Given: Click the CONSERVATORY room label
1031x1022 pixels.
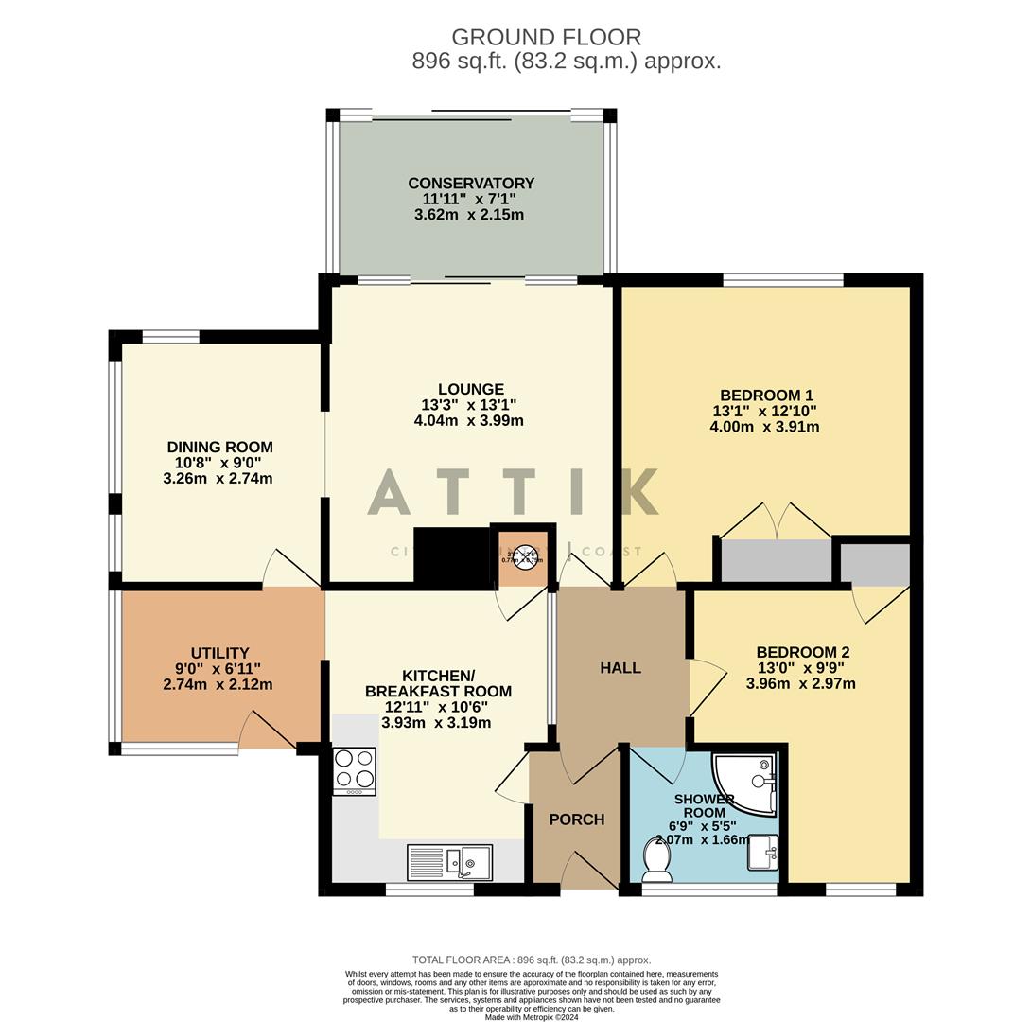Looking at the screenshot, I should (471, 183).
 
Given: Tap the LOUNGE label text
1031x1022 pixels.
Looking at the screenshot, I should (470, 389).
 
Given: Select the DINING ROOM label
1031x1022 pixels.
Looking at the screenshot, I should (219, 447).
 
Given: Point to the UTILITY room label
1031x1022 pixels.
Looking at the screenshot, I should (219, 653).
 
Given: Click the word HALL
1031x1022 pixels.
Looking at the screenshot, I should (620, 667).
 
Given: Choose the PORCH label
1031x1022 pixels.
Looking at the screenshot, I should (576, 819).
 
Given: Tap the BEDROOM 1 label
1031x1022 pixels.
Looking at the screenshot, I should (766, 396).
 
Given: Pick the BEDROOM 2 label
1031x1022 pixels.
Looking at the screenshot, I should (802, 652).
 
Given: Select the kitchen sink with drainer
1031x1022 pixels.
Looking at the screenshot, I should (449, 862).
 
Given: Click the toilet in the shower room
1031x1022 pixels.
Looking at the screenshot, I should (655, 858).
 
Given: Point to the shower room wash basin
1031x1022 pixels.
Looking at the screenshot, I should (762, 853).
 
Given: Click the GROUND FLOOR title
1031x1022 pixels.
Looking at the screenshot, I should (546, 38).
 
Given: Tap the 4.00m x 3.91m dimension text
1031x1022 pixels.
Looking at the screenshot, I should (764, 427).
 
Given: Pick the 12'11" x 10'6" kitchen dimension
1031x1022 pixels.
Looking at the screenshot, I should (436, 707).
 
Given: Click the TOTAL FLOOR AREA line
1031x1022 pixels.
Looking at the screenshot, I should (532, 960).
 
